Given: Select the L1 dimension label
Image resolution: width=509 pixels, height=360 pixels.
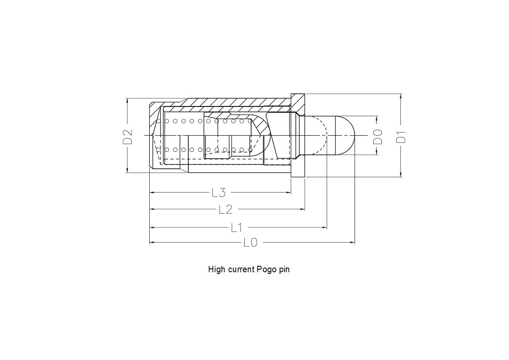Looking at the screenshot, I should [x=236, y=228].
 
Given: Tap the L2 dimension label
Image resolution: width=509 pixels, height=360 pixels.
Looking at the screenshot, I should [x=225, y=209].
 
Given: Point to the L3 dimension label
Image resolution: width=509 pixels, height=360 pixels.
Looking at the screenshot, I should [x=218, y=193].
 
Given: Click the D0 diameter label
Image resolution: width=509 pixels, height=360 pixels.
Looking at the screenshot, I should [x=378, y=136].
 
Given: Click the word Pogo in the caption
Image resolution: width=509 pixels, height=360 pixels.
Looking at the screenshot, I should [x=266, y=269].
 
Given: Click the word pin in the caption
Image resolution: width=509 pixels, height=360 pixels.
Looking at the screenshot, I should [x=284, y=269].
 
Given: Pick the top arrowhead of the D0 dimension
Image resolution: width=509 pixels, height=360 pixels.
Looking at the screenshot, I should [x=378, y=118].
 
